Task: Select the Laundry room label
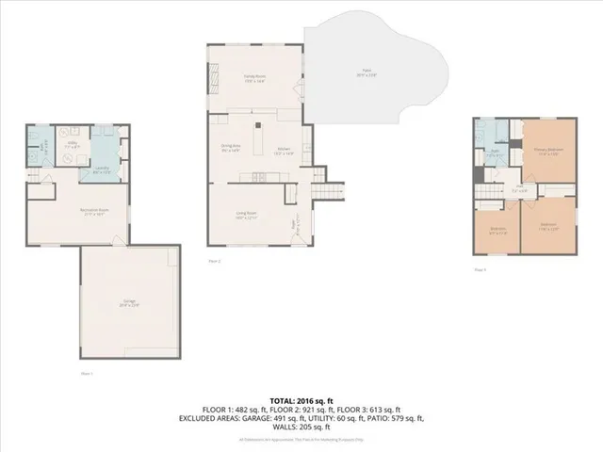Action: [104, 170]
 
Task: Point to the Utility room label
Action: [71, 145]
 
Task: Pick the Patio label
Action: [367, 73]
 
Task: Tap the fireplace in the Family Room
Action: [212, 79]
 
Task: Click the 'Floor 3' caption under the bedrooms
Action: [480, 270]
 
